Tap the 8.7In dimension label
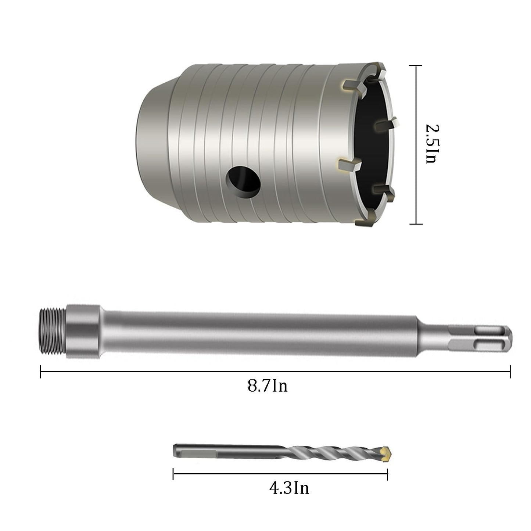click(x=267, y=386)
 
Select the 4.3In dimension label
click(x=289, y=488)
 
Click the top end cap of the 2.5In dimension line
click(x=416, y=66)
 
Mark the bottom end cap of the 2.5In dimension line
click(x=416, y=223)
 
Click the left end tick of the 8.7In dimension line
click(x=40, y=372)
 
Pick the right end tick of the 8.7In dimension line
click(x=510, y=372)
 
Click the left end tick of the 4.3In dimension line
click(x=173, y=474)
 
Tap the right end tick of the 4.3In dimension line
click(x=387, y=474)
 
